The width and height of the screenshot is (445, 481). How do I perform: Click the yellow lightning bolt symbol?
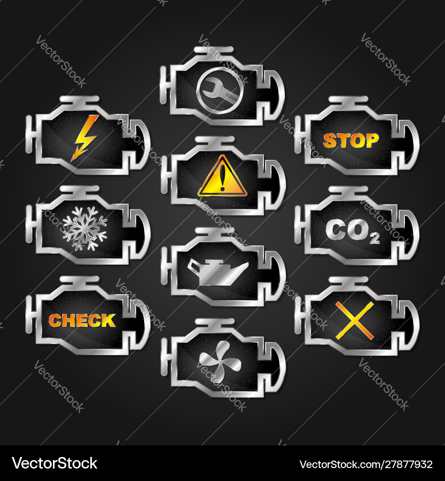tap(84, 138)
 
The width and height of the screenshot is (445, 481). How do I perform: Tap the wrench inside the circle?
tap(221, 90)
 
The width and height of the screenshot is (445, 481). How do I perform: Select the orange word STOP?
tap(351, 140)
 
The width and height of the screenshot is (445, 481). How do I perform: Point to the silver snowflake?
tap(85, 228)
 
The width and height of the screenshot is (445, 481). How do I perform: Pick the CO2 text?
tap(352, 231)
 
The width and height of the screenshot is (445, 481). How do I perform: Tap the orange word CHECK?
tap(82, 321)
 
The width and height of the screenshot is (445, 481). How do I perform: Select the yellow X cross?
tap(355, 321)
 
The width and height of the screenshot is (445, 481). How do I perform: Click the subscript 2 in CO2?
tap(375, 238)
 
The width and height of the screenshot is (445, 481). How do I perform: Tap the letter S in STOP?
tap(330, 141)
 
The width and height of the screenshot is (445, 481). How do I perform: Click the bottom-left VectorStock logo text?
tap(55, 464)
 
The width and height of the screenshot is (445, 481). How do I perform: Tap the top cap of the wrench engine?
tap(214, 50)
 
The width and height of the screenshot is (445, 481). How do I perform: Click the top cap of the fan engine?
tap(214, 322)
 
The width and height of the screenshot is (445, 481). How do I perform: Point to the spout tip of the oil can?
tap(247, 263)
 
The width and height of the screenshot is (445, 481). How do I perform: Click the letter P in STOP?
tap(372, 140)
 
